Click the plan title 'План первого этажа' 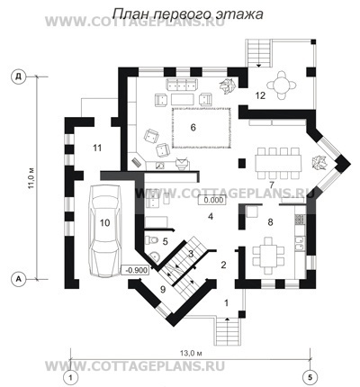click(x=188, y=13)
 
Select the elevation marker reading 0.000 click(x=211, y=200)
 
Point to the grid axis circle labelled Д click(x=19, y=76)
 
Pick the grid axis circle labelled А click(x=19, y=279)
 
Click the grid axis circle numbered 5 click(x=310, y=375)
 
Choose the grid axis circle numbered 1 click(x=71, y=375)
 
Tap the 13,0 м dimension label click(x=191, y=353)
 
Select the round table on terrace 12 click(x=282, y=85)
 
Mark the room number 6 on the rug click(x=193, y=128)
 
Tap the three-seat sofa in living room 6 click(x=183, y=85)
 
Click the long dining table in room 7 click(x=278, y=163)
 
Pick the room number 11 click(x=97, y=148)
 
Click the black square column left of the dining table click(x=242, y=163)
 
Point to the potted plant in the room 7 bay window click(x=319, y=162)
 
